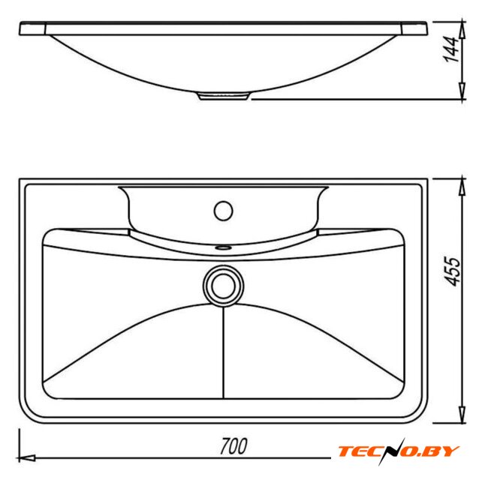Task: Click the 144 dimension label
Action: click(451, 49)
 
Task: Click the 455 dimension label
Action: click(453, 271)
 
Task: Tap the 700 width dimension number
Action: click(233, 446)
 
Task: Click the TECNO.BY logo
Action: click(399, 451)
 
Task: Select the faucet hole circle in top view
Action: click(224, 211)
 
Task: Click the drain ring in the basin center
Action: click(224, 286)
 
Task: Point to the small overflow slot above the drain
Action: click(224, 247)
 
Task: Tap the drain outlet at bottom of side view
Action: click(223, 96)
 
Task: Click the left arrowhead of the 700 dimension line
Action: click(27, 458)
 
